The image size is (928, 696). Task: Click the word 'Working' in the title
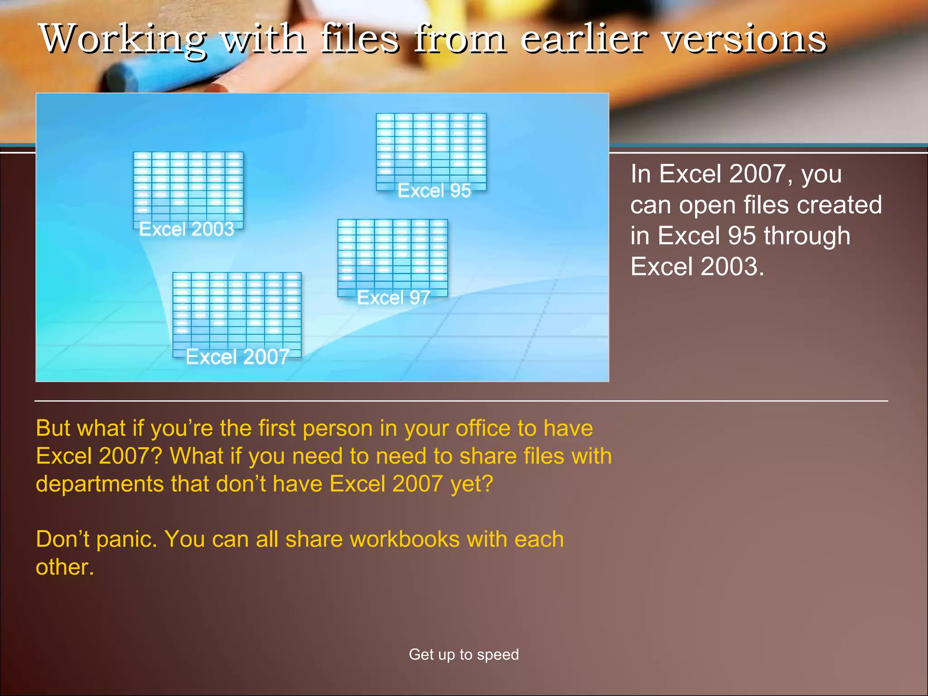click(x=123, y=39)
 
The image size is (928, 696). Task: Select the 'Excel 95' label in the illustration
click(x=434, y=191)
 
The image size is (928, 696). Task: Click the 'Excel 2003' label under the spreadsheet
click(x=187, y=229)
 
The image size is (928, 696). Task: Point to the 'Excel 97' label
click(x=393, y=298)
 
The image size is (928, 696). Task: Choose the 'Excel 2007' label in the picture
click(x=237, y=357)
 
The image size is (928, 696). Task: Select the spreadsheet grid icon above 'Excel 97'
click(x=392, y=254)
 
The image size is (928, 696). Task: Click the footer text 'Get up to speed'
click(x=464, y=654)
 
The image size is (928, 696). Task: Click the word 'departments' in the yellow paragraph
click(x=100, y=484)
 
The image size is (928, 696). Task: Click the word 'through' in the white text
click(x=807, y=236)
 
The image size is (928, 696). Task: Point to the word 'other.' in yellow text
click(x=65, y=567)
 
